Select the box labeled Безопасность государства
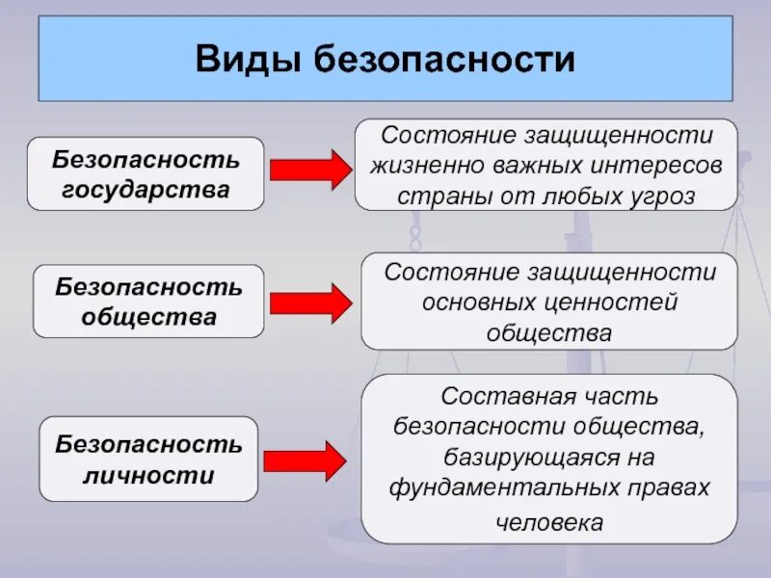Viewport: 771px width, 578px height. [x=146, y=173]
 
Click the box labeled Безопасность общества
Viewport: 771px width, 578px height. [x=148, y=302]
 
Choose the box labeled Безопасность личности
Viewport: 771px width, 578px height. [x=148, y=460]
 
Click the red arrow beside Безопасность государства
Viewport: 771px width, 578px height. [x=310, y=171]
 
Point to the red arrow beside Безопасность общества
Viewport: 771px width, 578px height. [x=310, y=302]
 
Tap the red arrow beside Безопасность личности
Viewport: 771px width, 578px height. [x=305, y=461]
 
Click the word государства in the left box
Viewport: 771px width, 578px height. [x=146, y=190]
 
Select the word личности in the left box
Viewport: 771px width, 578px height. [x=148, y=476]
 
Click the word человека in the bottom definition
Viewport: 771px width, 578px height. [x=548, y=523]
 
